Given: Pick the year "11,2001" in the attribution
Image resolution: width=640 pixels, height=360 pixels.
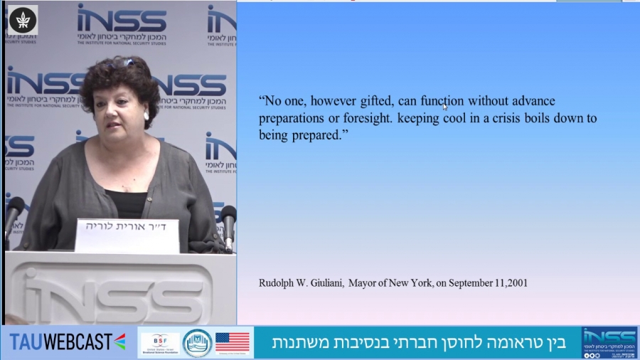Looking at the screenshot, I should (x=508, y=283).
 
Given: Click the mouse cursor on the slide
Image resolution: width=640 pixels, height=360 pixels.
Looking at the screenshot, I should (x=445, y=107).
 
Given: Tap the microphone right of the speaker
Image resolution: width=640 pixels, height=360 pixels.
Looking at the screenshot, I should (x=228, y=218).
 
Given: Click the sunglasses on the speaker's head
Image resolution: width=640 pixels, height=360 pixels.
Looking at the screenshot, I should (x=122, y=63).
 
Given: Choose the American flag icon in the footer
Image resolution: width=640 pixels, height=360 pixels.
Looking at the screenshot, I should (x=233, y=342).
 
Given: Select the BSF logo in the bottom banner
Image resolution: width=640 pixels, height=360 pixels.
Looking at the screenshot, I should (x=160, y=342).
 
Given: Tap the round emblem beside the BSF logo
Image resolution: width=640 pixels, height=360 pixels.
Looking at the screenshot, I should (x=197, y=342).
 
